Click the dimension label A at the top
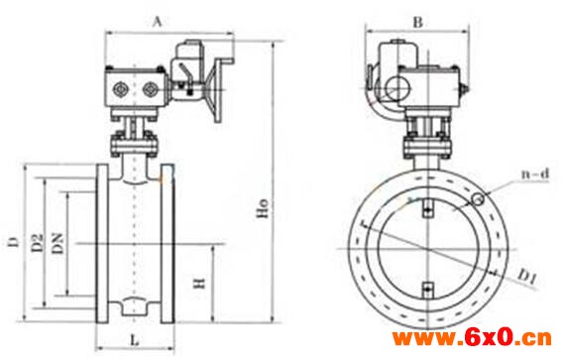click(x=158, y=22)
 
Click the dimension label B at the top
click(x=417, y=23)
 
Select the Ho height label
click(x=264, y=208)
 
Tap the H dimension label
click(x=199, y=283)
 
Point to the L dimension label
click(x=135, y=339)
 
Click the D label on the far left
click(x=14, y=242)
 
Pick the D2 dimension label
click(x=38, y=242)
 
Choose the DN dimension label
click(x=57, y=244)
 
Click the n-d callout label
click(x=535, y=175)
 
